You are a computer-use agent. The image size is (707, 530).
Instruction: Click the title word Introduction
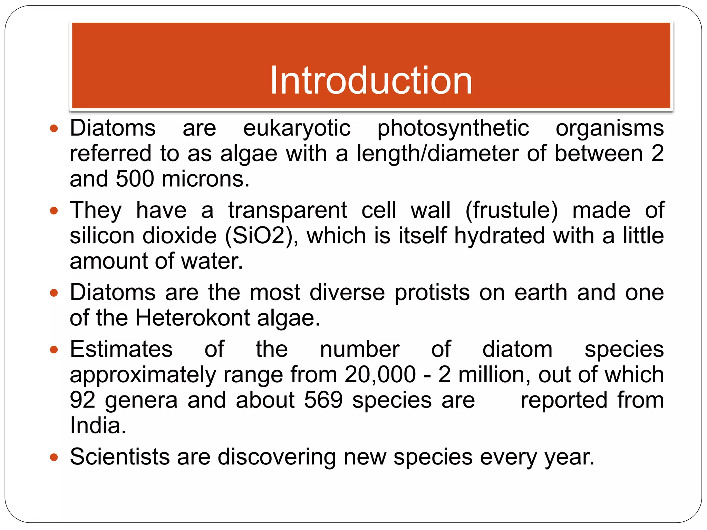tap(371, 81)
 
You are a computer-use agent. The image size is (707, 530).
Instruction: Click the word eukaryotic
tap(297, 128)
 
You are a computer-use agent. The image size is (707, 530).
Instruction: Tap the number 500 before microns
tap(135, 179)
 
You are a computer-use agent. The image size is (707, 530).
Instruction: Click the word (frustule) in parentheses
tap(511, 210)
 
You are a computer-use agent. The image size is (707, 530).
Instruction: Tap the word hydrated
tap(499, 236)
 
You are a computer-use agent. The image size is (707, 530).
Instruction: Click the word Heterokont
tap(192, 318)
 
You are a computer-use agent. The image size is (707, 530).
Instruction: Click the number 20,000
tap(380, 375)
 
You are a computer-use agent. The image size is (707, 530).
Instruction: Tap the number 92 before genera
tap(83, 400)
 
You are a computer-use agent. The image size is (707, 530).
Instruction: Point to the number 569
tap(323, 400)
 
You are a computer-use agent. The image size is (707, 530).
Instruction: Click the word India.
tap(98, 425)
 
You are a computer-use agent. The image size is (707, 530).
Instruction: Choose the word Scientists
tap(119, 457)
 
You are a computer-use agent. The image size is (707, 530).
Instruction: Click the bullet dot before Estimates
tap(54, 350)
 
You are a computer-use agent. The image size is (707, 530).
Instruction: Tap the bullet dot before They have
tap(54, 211)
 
